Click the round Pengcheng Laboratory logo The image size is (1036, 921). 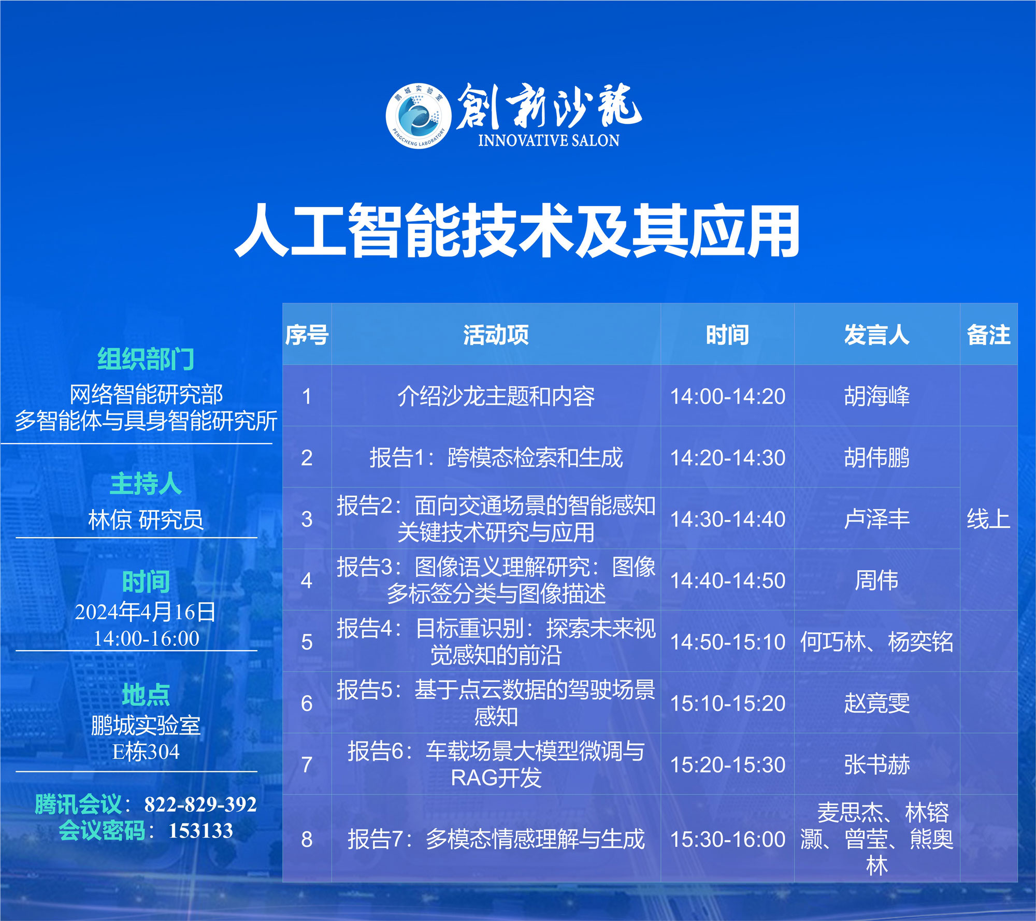click(419, 116)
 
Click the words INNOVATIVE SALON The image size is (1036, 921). click(549, 140)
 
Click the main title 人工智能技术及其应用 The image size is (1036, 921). click(517, 231)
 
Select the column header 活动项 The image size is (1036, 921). click(496, 335)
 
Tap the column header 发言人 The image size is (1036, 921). click(876, 335)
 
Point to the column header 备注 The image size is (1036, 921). click(988, 335)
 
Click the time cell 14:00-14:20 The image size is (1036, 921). click(728, 396)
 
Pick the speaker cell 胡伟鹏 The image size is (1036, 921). click(876, 457)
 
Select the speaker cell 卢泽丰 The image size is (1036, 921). click(876, 519)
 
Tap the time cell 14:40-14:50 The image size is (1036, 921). click(728, 580)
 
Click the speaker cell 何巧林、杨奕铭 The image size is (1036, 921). click(876, 642)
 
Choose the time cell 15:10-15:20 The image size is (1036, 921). click(728, 703)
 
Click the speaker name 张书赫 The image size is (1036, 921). click(876, 764)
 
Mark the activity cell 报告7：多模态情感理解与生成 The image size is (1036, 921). click(496, 839)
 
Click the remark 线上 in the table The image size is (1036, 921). click(988, 519)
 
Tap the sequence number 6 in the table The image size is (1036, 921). click(307, 703)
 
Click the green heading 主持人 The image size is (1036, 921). click(146, 484)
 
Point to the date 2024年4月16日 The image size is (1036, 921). click(146, 612)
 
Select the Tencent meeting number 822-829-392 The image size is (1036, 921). click(200, 804)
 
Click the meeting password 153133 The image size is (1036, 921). click(201, 830)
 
